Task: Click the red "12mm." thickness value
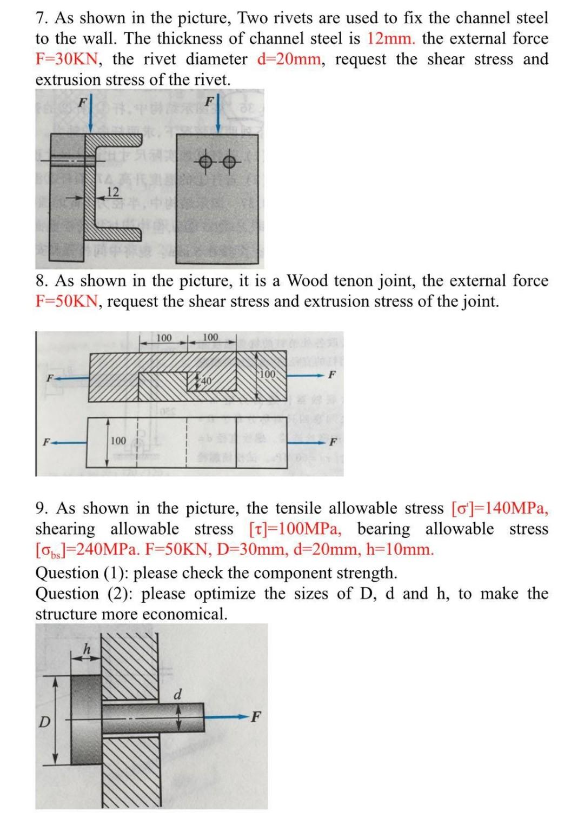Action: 391,39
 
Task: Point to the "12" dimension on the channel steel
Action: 112,191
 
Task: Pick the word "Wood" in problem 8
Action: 307,281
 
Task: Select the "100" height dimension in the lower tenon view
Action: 118,441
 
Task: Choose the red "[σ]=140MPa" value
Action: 500,508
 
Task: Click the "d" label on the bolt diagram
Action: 178,693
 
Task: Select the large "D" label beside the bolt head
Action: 45,722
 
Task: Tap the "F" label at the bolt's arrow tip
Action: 256,717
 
